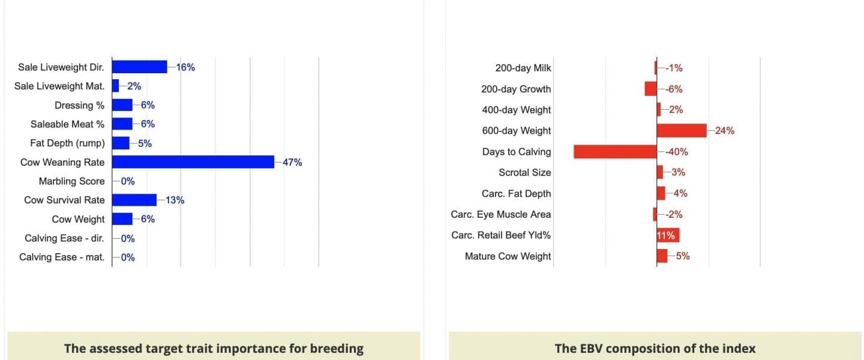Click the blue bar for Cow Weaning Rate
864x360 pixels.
point(193,162)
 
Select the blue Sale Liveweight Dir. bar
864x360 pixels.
point(140,67)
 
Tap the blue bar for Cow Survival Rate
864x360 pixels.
point(134,200)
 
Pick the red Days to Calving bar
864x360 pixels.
point(615,152)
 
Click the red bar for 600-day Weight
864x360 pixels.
point(682,130)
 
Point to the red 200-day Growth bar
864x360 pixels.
point(650,89)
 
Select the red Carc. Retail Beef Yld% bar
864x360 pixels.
point(668,235)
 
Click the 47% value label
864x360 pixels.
point(292,163)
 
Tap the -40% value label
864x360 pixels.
point(677,152)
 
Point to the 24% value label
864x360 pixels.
point(725,131)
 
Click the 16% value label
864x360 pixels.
point(185,68)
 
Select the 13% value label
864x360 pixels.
point(175,200)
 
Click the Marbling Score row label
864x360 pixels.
point(72,181)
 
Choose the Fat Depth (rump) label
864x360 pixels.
point(67,143)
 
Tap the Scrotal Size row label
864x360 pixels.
point(525,172)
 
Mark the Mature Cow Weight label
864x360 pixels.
point(508,256)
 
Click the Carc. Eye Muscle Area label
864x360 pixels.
point(501,215)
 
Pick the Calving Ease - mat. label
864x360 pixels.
point(62,257)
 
